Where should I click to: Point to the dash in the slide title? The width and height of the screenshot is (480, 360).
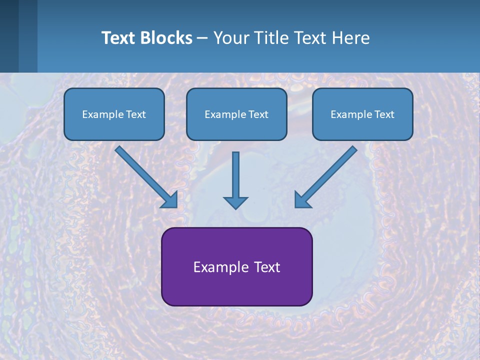(202, 38)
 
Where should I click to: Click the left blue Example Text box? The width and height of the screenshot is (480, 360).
(114, 114)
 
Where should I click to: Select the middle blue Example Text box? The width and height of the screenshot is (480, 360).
(236, 114)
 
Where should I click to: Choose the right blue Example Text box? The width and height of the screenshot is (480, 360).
(362, 114)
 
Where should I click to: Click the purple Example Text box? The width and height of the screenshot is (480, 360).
(236, 266)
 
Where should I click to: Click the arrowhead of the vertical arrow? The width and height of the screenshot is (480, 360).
(235, 202)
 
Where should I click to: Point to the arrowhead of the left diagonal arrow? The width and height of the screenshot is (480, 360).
(170, 200)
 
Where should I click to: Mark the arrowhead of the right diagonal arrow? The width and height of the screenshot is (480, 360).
(302, 200)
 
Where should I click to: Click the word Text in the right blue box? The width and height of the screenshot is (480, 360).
(384, 114)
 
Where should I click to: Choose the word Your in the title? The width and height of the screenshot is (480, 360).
(230, 38)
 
